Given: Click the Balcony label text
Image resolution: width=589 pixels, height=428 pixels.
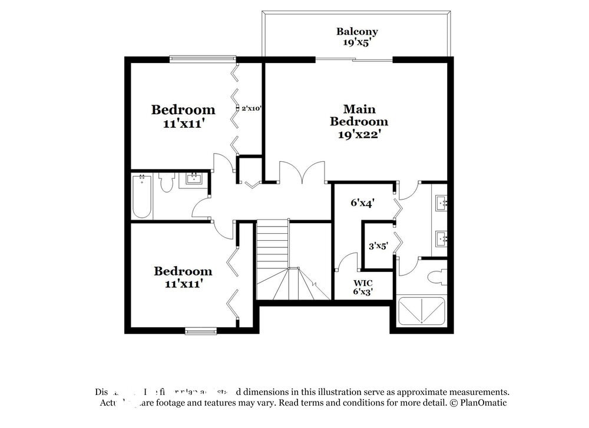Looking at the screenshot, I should tap(357, 31).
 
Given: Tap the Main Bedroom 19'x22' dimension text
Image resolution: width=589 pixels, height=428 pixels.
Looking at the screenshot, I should tap(359, 134).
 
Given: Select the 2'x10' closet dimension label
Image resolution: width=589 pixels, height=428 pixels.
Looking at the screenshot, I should tap(251, 108).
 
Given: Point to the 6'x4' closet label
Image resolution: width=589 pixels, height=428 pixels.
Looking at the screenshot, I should tap(363, 203).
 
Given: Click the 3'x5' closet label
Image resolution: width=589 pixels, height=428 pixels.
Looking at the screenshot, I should tap(378, 246).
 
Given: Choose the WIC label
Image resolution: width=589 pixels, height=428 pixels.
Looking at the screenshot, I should tap(363, 283).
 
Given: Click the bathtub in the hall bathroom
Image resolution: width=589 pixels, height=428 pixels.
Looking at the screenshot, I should tap(142, 195).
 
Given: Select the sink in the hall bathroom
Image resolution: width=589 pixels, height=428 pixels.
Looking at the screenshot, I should tap(194, 178).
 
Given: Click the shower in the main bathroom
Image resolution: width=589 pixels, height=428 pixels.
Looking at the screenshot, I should tap(421, 311).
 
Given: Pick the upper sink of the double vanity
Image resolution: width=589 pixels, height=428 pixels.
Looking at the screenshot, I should tap(441, 203).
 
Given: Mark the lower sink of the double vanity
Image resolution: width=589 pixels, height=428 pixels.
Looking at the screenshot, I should tap(441, 238).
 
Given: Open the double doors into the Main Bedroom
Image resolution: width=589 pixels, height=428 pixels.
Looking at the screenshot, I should tap(302, 172).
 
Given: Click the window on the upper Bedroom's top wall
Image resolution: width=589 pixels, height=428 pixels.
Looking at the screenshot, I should tap(203, 59).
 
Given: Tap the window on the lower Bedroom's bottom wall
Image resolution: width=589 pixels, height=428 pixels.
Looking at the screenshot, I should tap(201, 331).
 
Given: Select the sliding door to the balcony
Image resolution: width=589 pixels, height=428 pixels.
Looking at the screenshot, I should tap(354, 59).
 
